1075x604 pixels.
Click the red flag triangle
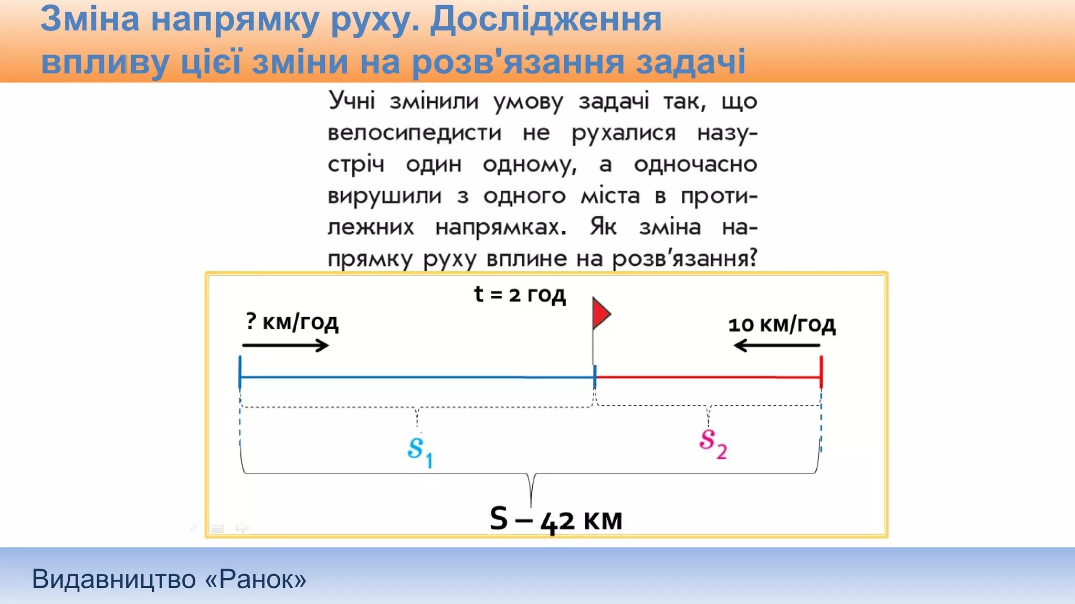pyautogui.click(x=600, y=314)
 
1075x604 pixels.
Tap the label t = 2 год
pyautogui.click(x=520, y=294)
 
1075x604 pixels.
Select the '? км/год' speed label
pyautogui.click(x=292, y=321)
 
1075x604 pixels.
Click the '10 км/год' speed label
pyautogui.click(x=782, y=325)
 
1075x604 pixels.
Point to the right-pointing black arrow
pyautogui.click(x=285, y=346)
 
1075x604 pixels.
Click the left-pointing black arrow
pyautogui.click(x=777, y=346)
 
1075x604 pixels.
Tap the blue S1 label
pyautogui.click(x=419, y=450)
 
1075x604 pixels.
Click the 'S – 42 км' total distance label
pyautogui.click(x=555, y=520)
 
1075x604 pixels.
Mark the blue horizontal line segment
pyautogui.click(x=417, y=377)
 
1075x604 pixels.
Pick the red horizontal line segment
pyautogui.click(x=708, y=377)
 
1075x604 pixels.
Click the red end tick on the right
pyautogui.click(x=821, y=372)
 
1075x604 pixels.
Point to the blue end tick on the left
pyautogui.click(x=240, y=372)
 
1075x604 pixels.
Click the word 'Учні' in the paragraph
pyautogui.click(x=352, y=101)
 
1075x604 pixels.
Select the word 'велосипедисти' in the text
pyautogui.click(x=414, y=133)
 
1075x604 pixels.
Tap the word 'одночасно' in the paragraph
pyautogui.click(x=695, y=165)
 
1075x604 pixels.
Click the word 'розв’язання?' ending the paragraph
pyautogui.click(x=685, y=258)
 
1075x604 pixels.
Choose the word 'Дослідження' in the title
pyautogui.click(x=546, y=19)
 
